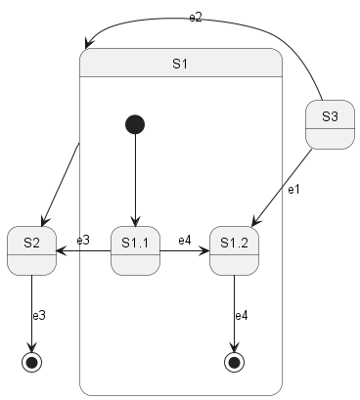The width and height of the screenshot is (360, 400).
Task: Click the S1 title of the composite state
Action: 180,65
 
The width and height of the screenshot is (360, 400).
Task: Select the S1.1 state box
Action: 135,251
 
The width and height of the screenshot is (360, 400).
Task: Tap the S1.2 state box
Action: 234,251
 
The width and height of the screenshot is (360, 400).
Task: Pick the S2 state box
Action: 31,251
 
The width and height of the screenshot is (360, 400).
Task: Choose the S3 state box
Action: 330,125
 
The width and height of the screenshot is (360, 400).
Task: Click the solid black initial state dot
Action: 135,124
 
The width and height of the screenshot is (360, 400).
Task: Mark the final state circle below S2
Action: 31,362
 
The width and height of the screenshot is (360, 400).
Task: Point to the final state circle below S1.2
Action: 234,362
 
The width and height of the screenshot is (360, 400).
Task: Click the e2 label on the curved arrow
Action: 196,19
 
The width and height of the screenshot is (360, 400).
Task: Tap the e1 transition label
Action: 292,188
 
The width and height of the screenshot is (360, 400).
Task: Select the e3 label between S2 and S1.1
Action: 83,241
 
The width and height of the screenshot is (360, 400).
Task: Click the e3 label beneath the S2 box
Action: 39,316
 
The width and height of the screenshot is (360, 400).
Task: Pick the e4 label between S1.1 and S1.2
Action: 185,241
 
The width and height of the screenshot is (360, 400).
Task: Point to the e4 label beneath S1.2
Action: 242,316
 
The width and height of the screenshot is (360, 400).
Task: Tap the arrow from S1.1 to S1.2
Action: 185,251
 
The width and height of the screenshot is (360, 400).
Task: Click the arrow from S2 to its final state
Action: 31,313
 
